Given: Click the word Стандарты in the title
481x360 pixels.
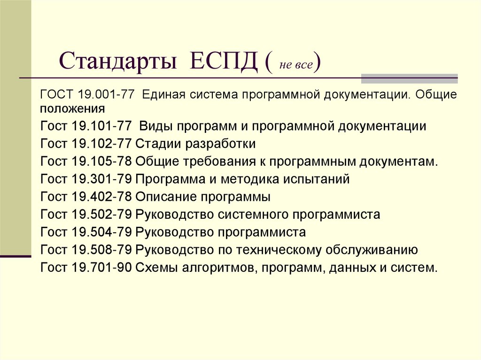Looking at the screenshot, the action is tap(117, 61).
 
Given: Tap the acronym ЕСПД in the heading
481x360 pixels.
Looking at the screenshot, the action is tap(223, 60).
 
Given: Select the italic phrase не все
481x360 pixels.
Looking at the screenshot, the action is tap(296, 65).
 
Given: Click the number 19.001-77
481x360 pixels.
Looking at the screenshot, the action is tap(106, 94).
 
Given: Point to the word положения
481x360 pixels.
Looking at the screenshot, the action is tap(72, 109).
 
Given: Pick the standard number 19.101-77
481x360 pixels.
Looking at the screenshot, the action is tap(101, 126).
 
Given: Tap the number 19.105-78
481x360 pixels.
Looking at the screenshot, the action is tap(101, 161).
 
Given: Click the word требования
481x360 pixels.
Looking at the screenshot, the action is tap(219, 161).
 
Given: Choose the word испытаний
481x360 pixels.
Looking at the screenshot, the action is tap(316, 179).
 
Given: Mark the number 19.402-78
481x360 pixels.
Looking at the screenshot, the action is tap(101, 197).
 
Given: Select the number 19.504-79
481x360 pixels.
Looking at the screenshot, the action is tap(101, 232).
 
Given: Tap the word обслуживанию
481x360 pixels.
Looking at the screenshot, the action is tap(372, 250).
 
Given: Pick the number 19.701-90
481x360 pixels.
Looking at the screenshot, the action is tap(101, 268).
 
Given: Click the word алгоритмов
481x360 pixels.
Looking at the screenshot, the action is tap(218, 268).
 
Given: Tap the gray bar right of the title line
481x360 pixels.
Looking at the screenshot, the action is tap(409, 79).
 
